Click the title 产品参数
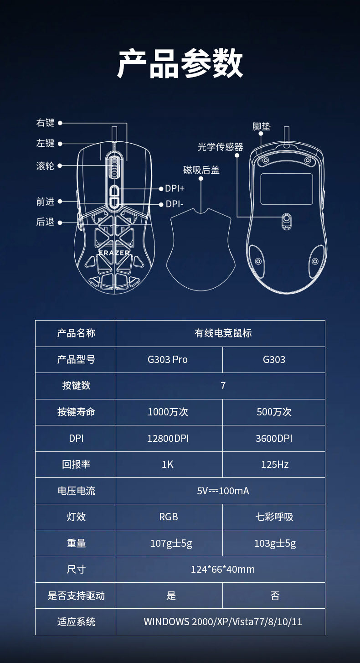tap(180, 64)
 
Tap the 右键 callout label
tap(45, 123)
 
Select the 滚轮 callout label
tap(45, 166)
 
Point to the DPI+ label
tap(175, 188)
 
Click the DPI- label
tap(174, 204)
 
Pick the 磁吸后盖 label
tap(201, 170)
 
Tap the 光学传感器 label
tap(220, 147)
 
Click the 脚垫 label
tap(261, 126)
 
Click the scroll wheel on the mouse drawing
tap(113, 166)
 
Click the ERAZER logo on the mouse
tap(114, 252)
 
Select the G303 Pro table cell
tap(168, 359)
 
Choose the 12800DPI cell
tap(168, 438)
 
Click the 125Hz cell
tap(274, 464)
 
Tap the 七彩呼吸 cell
tap(274, 517)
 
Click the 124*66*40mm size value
tap(222, 569)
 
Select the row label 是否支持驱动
tap(76, 596)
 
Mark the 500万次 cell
tap(274, 412)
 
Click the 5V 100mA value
tap(223, 491)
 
